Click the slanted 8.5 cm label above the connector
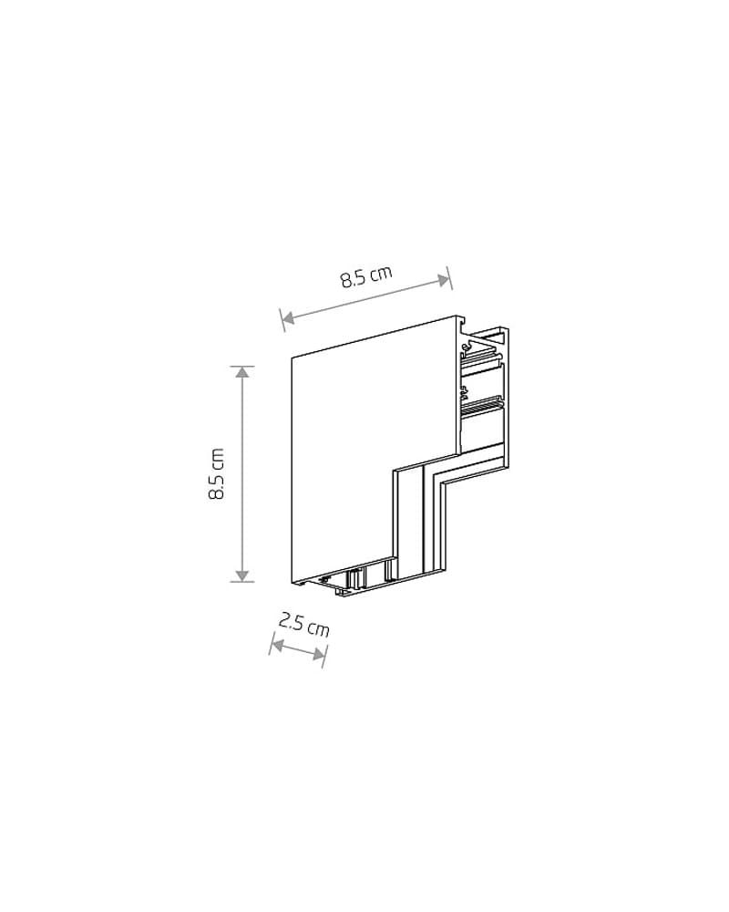366,276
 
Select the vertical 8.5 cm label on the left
216,473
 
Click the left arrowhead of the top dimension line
287,317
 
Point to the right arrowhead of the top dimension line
445,280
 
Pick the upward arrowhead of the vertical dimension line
243,372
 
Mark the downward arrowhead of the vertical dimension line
243,575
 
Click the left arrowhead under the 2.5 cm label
277,645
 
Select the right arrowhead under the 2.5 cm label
319,655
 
